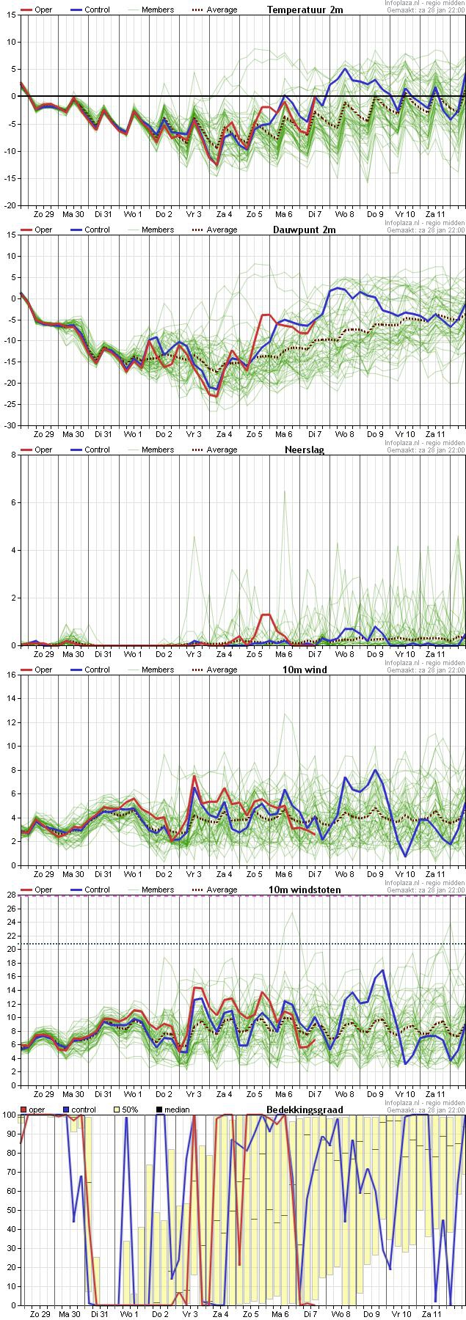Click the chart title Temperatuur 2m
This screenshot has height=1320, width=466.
click(305, 10)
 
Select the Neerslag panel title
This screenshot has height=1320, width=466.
click(305, 450)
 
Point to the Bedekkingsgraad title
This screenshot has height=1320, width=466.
click(305, 1110)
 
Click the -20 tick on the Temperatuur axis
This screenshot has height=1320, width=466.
click(10, 205)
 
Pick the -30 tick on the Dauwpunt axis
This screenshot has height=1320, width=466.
click(10, 425)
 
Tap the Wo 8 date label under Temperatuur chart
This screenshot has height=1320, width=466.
click(344, 213)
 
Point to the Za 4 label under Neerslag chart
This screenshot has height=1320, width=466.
click(224, 653)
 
